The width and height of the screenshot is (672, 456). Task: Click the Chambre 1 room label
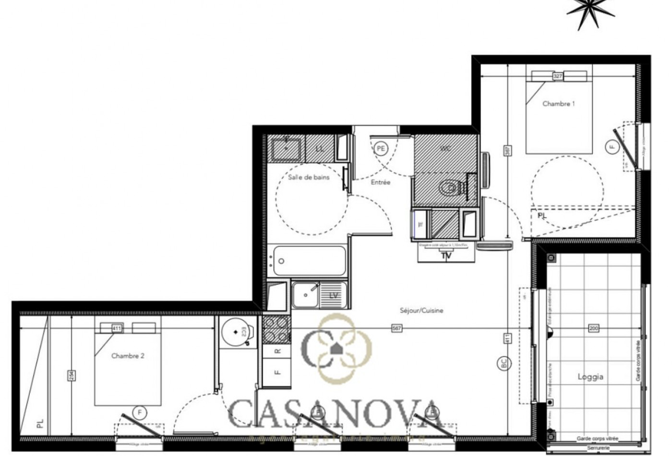[x=558, y=104]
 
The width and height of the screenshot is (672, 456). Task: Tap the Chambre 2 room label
[x=128, y=356]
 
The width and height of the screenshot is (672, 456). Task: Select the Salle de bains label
[x=309, y=177]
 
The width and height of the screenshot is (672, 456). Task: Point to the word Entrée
[x=381, y=182]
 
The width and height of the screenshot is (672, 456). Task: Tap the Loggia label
[x=590, y=377]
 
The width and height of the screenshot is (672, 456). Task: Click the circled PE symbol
[x=381, y=149]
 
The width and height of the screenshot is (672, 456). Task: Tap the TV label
[x=446, y=256]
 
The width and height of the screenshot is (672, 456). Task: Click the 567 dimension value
[x=396, y=329]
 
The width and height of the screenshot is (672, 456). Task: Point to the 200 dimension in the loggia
[x=594, y=329]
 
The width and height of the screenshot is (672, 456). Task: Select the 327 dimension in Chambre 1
[x=558, y=76]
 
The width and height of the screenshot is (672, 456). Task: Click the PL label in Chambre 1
[x=542, y=216]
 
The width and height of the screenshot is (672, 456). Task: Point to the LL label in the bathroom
[x=320, y=149]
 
